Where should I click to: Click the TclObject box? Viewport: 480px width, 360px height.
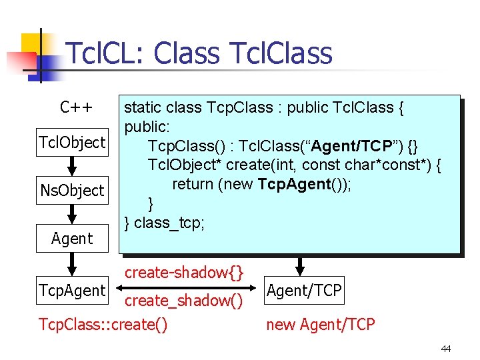pos(72,142)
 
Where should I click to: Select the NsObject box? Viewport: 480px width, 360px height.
pos(72,190)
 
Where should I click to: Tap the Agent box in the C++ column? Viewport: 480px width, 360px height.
pos(72,238)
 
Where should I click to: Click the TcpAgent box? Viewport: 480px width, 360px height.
pos(72,290)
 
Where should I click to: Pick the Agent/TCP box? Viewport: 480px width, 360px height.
pos(304,290)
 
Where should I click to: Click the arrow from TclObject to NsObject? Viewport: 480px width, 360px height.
pos(71,166)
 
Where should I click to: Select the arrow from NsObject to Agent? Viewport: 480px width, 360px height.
pos(71,214)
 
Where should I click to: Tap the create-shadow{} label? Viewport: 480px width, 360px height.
pos(185,272)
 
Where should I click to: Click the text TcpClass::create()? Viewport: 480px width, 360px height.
pos(103,325)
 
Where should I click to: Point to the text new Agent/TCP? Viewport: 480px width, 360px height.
pos(321,325)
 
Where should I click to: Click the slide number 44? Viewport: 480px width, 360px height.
pos(445,349)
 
